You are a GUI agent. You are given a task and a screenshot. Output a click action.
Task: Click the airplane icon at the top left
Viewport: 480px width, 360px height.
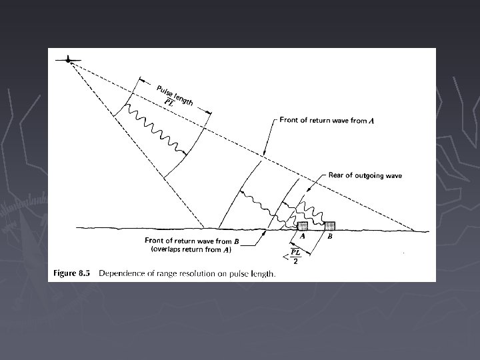[69, 60]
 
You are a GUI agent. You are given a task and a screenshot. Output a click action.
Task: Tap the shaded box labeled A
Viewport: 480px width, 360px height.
[302, 225]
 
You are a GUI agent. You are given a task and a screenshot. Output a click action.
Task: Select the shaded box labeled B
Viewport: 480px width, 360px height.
[328, 225]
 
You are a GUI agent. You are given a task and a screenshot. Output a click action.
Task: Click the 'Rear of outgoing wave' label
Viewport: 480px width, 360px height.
[365, 175]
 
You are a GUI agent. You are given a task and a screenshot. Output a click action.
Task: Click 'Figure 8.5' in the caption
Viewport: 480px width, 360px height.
[73, 273]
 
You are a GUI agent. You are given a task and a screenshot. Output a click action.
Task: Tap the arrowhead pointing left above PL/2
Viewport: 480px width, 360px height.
[286, 254]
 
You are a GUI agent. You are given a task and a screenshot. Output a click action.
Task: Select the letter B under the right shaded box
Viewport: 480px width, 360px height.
[329, 236]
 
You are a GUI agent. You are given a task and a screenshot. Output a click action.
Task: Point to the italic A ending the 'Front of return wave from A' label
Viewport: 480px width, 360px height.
[371, 121]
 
